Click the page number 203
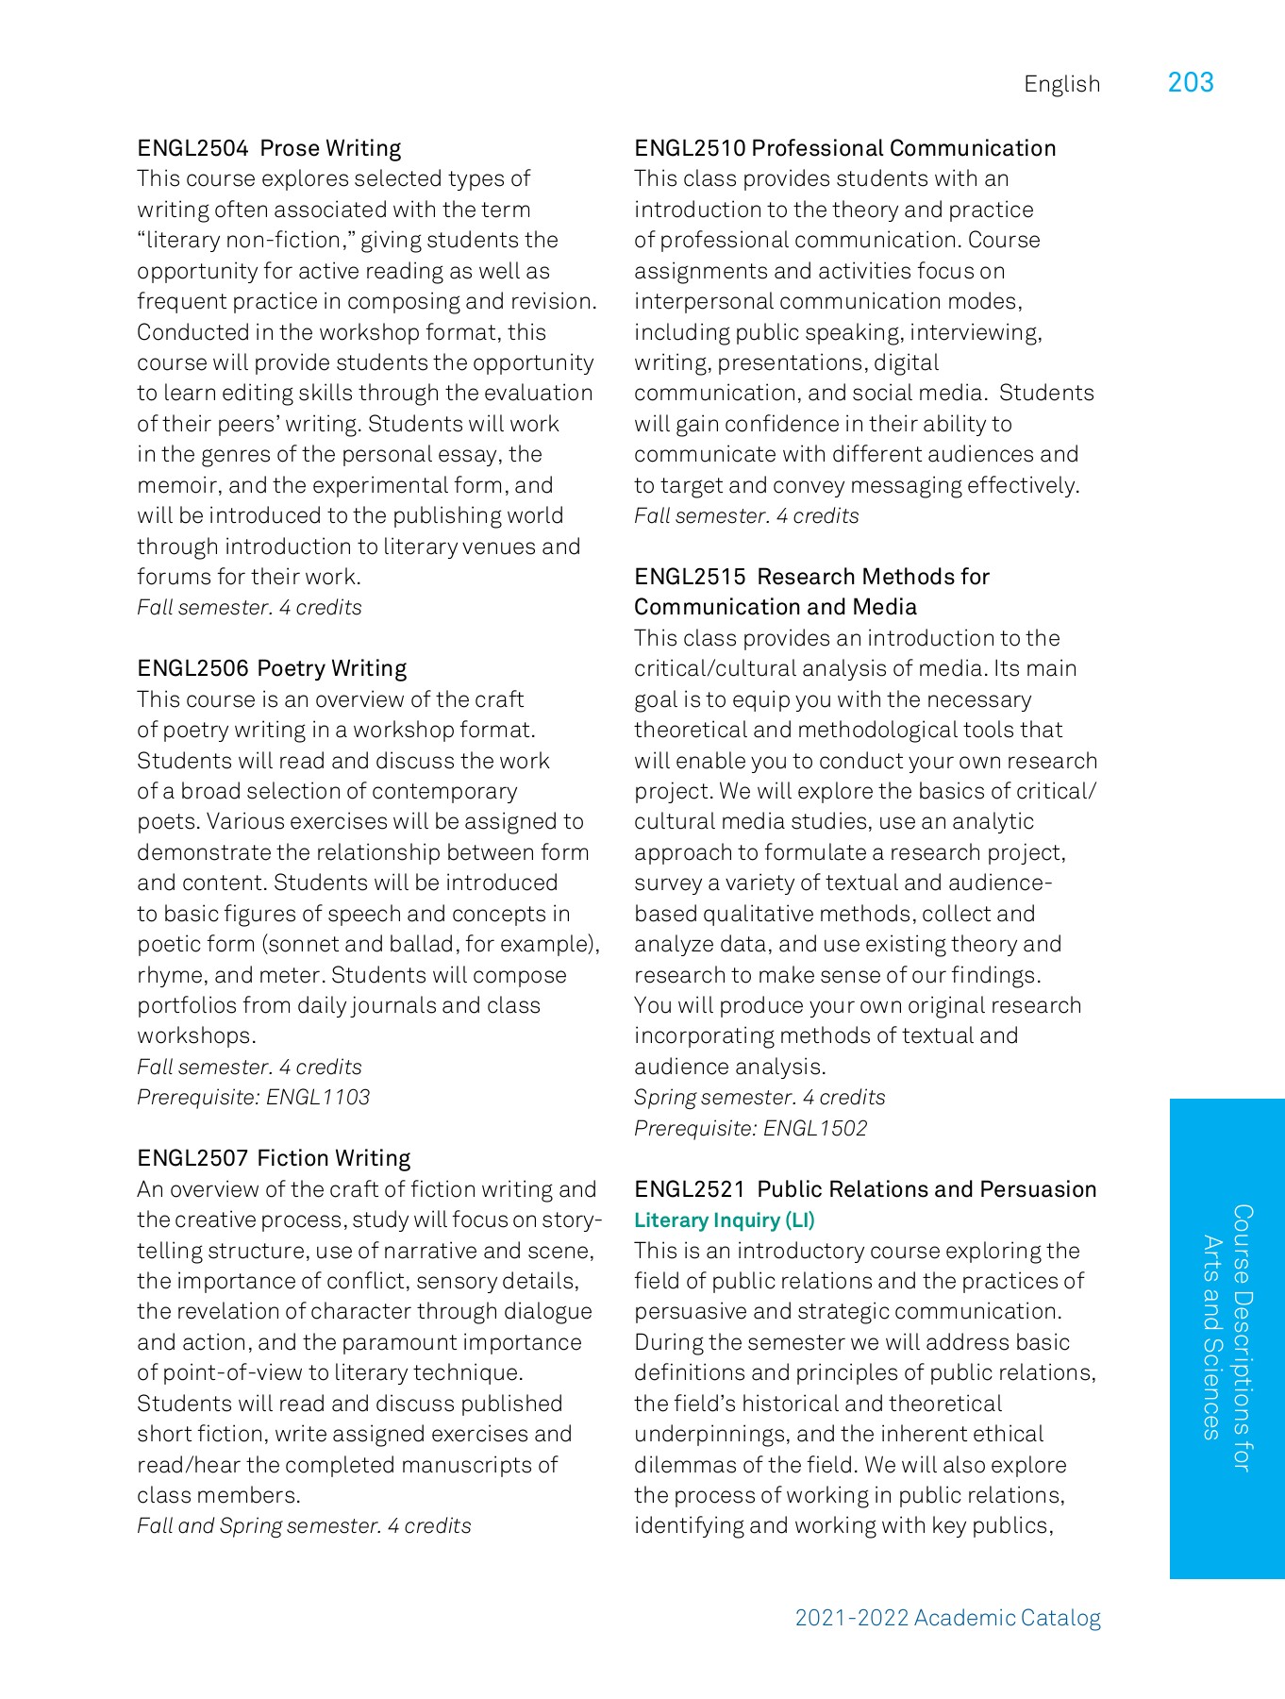click(x=1190, y=83)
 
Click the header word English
click(x=1061, y=84)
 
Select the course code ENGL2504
click(x=192, y=148)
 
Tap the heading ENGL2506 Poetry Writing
click(x=272, y=668)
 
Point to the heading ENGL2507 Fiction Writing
click(x=274, y=1158)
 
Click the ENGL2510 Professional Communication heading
click(x=844, y=148)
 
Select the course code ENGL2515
click(x=690, y=577)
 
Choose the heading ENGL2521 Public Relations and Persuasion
click(x=865, y=1189)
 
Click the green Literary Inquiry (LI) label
click(x=724, y=1220)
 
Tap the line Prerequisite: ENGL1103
click(x=253, y=1097)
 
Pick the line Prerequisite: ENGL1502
click(x=750, y=1128)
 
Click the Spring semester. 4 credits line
click(x=759, y=1097)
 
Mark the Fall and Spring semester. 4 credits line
click(x=304, y=1525)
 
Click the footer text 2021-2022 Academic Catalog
click(x=947, y=1618)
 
